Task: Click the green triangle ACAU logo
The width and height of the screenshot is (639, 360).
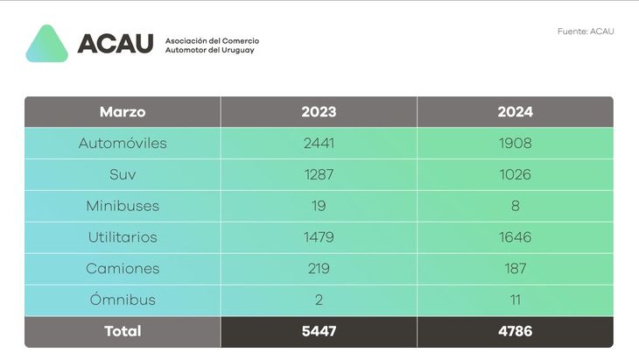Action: click(46, 45)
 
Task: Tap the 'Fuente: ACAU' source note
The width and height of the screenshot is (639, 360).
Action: click(586, 32)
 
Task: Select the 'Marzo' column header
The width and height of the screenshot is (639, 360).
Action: click(123, 112)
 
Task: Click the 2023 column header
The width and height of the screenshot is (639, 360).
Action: click(319, 112)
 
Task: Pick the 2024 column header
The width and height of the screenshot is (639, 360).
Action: click(515, 112)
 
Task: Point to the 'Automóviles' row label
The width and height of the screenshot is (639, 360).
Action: click(123, 143)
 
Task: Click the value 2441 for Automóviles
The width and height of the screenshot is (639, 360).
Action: click(319, 143)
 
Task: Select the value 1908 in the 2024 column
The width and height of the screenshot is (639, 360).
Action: click(515, 143)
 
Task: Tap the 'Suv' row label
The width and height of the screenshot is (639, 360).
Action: click(123, 174)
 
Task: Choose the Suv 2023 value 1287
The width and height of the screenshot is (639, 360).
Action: click(319, 174)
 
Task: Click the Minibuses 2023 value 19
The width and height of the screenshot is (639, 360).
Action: click(319, 206)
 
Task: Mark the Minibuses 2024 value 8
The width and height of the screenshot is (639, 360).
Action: click(515, 206)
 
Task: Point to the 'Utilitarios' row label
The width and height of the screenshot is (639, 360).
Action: click(123, 237)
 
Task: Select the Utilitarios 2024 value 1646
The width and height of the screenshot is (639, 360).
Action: click(515, 237)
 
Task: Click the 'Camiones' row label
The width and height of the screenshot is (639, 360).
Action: click(123, 269)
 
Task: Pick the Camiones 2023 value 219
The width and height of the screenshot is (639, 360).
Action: click(319, 269)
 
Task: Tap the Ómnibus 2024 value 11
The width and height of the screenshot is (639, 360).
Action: click(515, 300)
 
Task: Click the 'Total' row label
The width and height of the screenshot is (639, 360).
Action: click(123, 332)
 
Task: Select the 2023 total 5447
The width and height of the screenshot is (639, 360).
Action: click(319, 332)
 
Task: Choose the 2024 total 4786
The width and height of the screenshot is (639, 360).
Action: click(515, 332)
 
